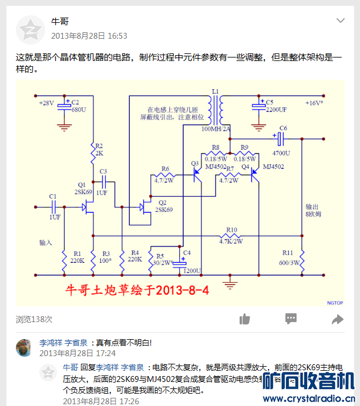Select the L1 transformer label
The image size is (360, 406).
pos(215,92)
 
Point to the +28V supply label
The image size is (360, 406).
pos(46,103)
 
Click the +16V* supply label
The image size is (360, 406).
pos(314,103)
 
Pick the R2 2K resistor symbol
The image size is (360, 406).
pos(93,154)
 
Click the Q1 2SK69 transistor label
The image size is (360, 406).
pos(83,188)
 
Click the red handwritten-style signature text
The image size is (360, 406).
pos(136,290)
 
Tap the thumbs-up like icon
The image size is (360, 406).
pos(245,319)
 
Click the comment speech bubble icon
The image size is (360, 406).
pos(291,319)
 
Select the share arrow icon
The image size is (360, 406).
pos(337,319)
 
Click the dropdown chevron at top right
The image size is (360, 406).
pos(340,21)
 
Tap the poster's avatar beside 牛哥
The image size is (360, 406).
pos(29,29)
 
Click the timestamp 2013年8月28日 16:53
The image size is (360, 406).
pos(89,36)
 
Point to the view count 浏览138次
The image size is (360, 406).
pos(34,319)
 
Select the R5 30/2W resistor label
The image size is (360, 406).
pos(159,259)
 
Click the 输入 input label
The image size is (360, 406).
pos(46,242)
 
